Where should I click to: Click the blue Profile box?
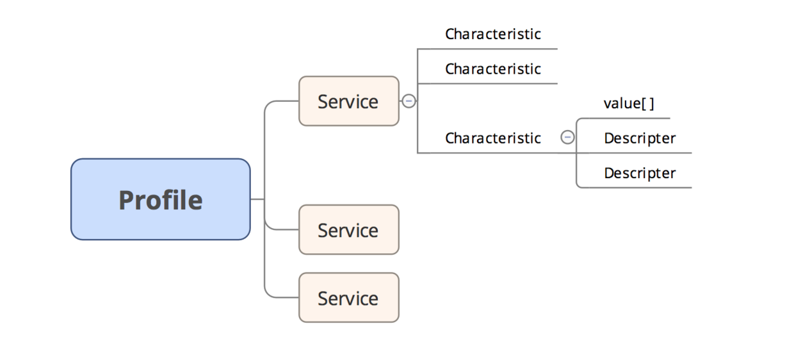(160, 199)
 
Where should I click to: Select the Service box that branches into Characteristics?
(348, 101)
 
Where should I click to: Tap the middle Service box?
(348, 229)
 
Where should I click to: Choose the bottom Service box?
(348, 297)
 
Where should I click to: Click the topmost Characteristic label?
(492, 34)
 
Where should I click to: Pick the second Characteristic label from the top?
(492, 69)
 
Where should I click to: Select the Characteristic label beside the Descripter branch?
(492, 138)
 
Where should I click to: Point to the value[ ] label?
(628, 104)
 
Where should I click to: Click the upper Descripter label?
(639, 138)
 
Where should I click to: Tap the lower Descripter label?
(639, 173)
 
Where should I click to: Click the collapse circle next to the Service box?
(408, 101)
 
